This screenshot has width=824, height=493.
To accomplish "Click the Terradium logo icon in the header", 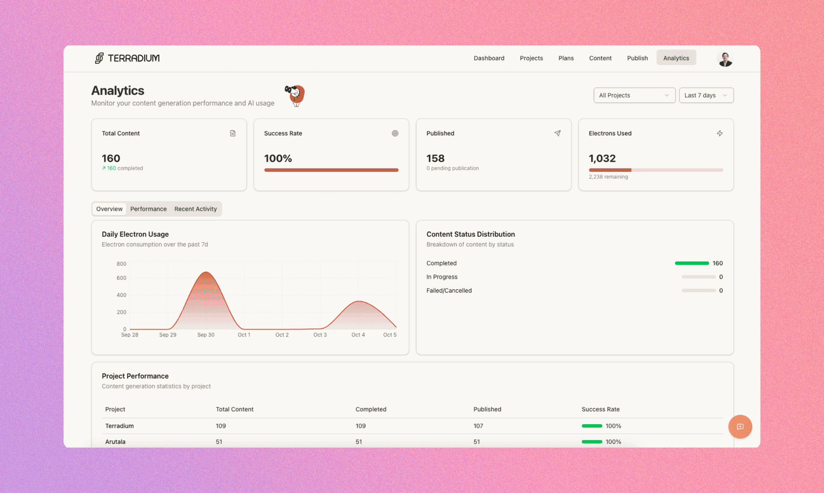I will click(x=99, y=58).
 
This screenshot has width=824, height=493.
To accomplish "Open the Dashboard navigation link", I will click(x=489, y=58).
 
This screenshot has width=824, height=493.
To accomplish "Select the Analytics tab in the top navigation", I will click(x=676, y=58).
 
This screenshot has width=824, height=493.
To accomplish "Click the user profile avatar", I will click(x=725, y=59).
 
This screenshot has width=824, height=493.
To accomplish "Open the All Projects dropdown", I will click(x=634, y=95).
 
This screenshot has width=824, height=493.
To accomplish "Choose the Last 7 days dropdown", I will click(x=706, y=95).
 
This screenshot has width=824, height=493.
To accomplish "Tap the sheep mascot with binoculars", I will click(x=295, y=95).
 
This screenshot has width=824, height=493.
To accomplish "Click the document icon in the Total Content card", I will click(x=233, y=133).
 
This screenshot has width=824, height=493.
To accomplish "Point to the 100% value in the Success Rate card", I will click(x=278, y=159).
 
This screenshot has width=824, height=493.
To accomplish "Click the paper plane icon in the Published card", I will click(x=557, y=133).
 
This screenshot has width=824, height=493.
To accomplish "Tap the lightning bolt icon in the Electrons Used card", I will click(x=719, y=133).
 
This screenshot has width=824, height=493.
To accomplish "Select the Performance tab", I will click(x=148, y=209).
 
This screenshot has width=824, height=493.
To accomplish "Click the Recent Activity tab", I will click(x=195, y=209).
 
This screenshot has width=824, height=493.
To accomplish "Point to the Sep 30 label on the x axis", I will click(x=206, y=335).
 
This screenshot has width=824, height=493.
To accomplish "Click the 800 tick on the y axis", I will click(x=121, y=264).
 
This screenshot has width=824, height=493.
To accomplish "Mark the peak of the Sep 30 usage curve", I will click(x=206, y=272).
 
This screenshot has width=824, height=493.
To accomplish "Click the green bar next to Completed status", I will click(x=691, y=263).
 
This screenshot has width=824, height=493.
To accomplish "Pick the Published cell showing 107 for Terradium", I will click(x=478, y=426).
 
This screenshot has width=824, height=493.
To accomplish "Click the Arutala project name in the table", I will click(x=115, y=442).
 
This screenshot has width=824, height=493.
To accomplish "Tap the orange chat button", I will click(x=740, y=427).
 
